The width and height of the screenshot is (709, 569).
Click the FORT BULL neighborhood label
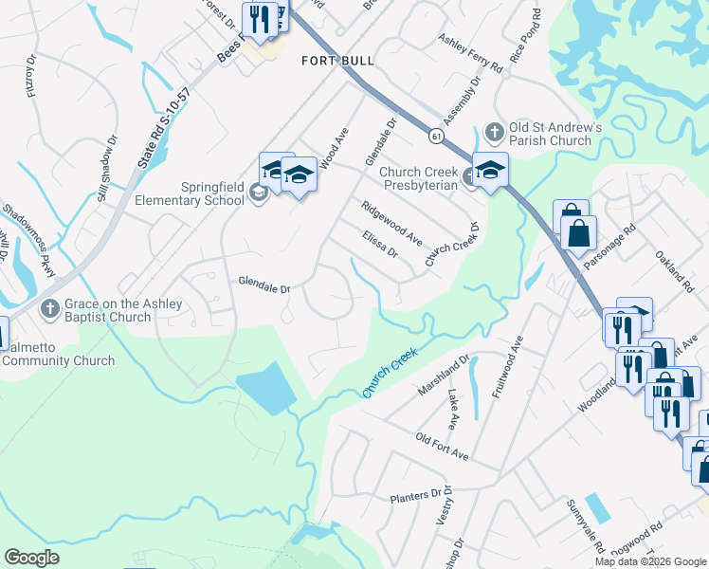(337, 61)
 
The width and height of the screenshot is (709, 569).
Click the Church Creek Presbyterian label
(418, 178)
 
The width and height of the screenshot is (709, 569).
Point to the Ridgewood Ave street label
(391, 223)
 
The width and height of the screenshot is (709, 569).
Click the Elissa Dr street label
(379, 245)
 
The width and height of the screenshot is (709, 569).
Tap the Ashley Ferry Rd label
(469, 53)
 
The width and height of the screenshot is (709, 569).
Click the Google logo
(31, 558)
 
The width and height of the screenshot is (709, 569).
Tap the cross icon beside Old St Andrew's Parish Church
(493, 130)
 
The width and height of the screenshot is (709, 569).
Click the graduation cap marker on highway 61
(490, 171)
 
